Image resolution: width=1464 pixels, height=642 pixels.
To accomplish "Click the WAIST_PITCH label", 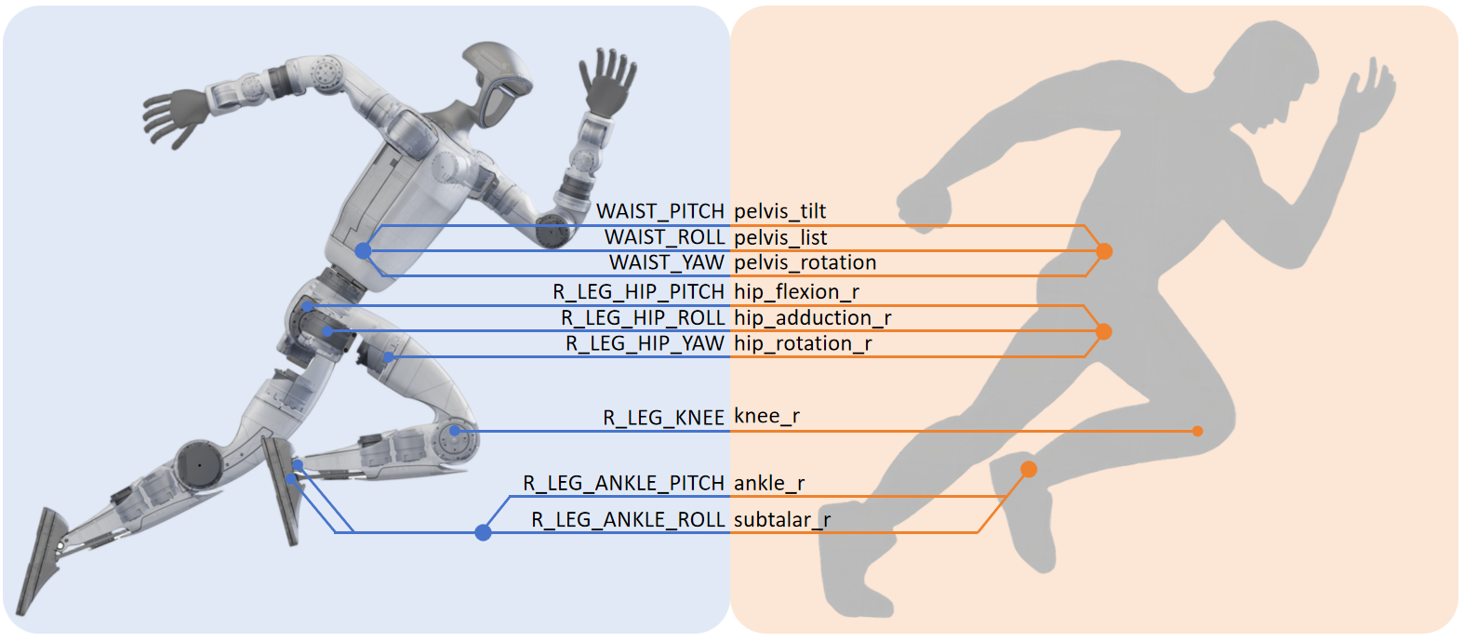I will pos(659,211).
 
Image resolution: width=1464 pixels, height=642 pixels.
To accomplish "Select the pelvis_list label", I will pos(780,237).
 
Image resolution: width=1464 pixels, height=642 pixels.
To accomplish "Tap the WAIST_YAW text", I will pos(666,262).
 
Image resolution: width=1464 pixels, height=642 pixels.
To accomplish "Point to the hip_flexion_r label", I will pos(796,292).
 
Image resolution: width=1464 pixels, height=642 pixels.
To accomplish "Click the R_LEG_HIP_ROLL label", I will pos(643,318).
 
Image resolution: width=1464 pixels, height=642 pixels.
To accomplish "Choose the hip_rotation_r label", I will pos(803,343).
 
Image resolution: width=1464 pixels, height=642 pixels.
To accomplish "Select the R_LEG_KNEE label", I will pos(663,418).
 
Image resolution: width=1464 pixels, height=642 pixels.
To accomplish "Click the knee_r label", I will pos(766,416).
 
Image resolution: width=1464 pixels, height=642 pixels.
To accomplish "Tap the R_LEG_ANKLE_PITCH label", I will pos(623,483).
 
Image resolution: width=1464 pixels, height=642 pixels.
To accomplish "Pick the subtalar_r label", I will pos(782,519).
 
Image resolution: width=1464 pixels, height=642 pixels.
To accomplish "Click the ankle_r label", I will pos(769,483).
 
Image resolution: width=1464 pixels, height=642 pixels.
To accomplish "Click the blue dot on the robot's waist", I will pos(363,251).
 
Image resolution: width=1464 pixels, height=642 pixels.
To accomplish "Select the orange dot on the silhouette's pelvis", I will pos(1104,251).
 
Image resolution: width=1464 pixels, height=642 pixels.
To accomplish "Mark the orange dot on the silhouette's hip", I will pos(1104,331).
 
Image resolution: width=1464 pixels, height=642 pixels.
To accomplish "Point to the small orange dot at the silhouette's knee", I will pos(1197,431).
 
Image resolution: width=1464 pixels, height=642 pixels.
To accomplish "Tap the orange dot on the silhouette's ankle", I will pos(1029,469).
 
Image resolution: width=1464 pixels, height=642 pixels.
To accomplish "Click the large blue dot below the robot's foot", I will pos(483,532).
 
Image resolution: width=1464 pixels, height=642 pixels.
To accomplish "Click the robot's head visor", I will pos(499,103).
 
